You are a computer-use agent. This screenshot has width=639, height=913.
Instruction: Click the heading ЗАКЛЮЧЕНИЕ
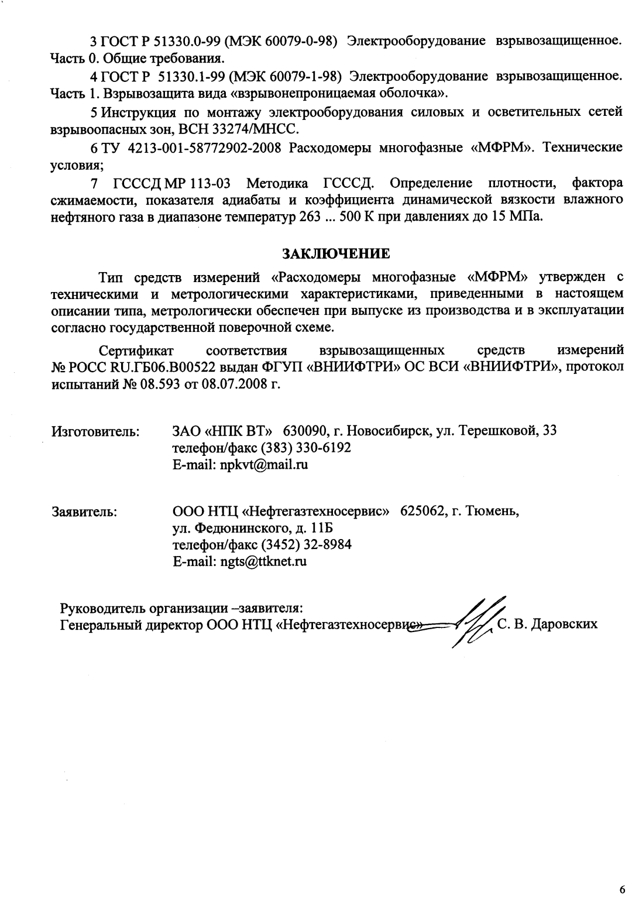pos(336,255)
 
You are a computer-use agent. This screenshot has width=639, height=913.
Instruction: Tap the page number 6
pos(621,890)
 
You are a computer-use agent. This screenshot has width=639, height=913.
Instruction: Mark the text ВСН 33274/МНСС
pos(256,128)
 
